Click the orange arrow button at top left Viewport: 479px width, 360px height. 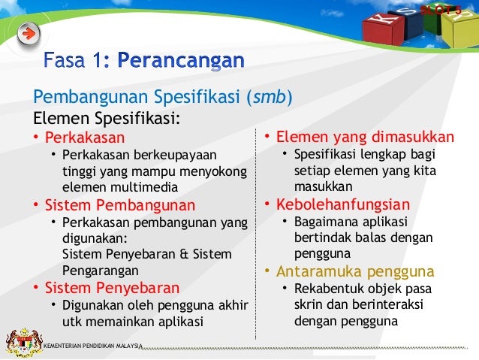(x=28, y=35)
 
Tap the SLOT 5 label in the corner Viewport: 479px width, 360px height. (x=441, y=9)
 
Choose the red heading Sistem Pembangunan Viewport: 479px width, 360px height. (x=119, y=204)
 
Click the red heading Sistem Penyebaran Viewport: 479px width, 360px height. (x=112, y=288)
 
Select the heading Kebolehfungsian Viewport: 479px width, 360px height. (x=343, y=204)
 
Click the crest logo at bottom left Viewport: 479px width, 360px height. (x=21, y=342)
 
